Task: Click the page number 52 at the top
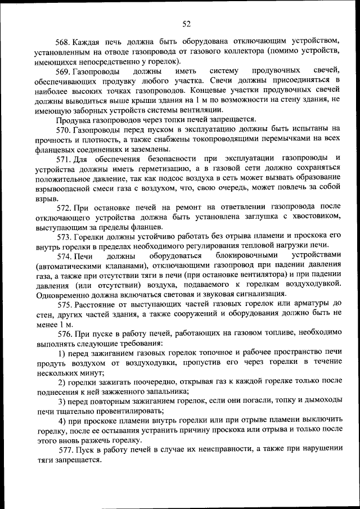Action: [187, 23]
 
